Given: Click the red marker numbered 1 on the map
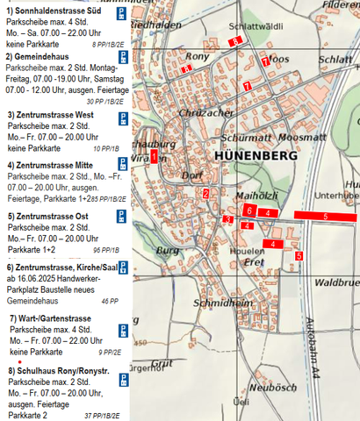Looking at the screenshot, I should pyautogui.click(x=154, y=157).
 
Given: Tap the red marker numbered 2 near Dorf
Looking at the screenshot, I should pyautogui.click(x=205, y=194).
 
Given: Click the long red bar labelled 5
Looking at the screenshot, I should pyautogui.click(x=325, y=216).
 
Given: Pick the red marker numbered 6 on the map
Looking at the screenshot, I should pyautogui.click(x=250, y=210).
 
